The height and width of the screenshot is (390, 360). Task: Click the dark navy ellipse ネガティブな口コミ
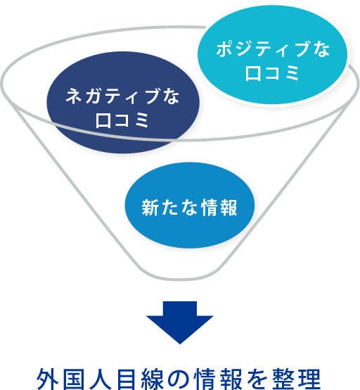[123, 102]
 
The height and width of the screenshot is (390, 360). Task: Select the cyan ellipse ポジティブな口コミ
[272, 55]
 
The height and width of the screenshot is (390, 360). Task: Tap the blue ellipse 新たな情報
[190, 205]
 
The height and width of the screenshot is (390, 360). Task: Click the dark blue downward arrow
[180, 322]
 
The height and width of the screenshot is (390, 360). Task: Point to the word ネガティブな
[122, 96]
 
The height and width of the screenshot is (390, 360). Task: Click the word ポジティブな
[273, 49]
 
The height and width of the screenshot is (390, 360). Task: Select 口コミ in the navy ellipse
[122, 120]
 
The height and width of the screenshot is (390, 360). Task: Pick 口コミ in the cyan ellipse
[272, 73]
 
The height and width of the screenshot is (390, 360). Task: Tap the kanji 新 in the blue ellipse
[150, 207]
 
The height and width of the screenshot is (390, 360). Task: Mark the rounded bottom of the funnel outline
[180, 277]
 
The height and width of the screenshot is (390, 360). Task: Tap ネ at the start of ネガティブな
[74, 96]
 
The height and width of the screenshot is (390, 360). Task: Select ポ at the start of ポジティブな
[225, 49]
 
